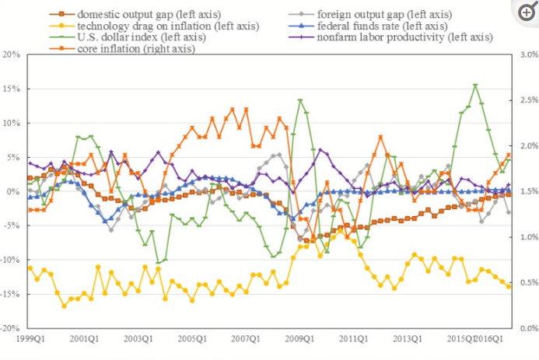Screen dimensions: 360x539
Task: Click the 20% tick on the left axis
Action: (x=11, y=54)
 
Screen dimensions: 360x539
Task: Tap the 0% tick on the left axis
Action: (x=14, y=191)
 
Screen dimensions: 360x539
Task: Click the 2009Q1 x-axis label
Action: (x=299, y=339)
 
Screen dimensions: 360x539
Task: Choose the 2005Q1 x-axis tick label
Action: (x=191, y=339)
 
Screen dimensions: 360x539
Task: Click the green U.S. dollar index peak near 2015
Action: (x=475, y=85)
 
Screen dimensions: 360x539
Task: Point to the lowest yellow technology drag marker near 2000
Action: (x=64, y=306)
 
